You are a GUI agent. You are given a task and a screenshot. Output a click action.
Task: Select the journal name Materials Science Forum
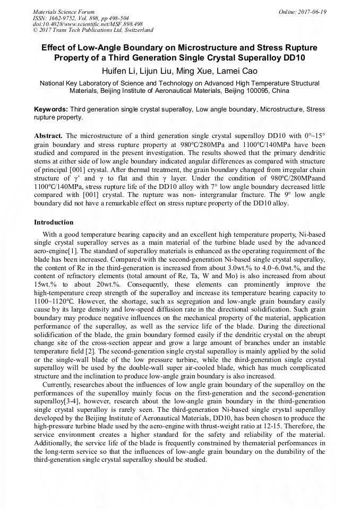tap(64, 12)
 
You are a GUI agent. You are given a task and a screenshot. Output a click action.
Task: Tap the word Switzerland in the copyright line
tap(136, 31)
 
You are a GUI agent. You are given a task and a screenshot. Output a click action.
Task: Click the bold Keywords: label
tap(51, 109)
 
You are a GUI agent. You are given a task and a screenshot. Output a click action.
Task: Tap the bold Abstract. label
tap(48, 136)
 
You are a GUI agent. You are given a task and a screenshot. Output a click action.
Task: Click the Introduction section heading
tap(54, 222)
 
